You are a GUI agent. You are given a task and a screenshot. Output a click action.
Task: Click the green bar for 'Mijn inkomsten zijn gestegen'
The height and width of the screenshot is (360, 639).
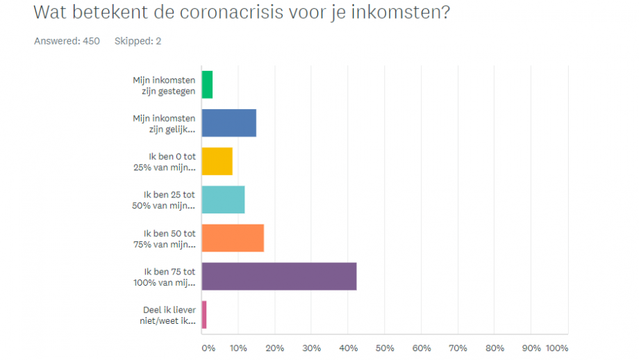207,85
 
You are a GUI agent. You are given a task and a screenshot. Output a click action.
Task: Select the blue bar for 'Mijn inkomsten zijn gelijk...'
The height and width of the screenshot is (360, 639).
229,123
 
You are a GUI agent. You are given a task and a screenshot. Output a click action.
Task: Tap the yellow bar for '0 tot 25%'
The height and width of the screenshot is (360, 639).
217,161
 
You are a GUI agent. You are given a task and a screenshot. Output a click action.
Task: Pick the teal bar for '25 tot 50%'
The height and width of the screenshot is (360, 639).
223,199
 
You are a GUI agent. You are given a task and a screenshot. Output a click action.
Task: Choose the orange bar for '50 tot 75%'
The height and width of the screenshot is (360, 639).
233,238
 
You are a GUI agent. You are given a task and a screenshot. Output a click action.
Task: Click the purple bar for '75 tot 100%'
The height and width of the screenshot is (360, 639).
279,276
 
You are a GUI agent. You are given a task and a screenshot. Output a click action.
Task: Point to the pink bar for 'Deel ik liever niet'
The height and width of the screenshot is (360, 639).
204,314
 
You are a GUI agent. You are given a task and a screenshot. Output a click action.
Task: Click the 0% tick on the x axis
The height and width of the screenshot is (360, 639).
208,347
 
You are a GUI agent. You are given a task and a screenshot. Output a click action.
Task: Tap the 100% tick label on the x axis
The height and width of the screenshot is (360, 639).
557,347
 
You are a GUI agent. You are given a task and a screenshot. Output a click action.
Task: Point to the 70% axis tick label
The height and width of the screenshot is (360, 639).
458,347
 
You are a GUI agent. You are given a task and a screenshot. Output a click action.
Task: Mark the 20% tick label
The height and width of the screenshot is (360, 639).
275,347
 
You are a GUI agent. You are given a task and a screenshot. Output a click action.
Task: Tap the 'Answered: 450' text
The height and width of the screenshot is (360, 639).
67,41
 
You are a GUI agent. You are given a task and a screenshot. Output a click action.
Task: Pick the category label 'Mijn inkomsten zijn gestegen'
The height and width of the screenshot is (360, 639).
164,85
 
